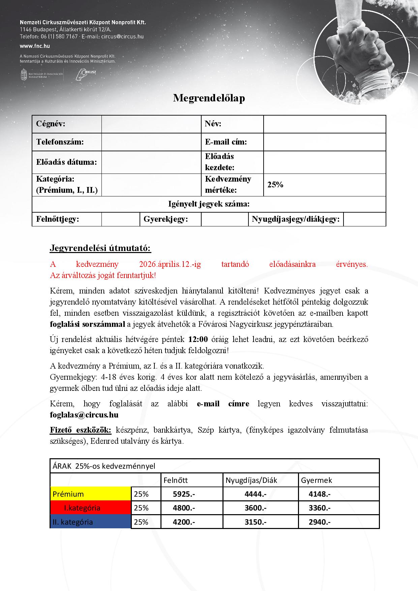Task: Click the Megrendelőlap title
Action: click(209, 98)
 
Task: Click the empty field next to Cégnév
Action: click(151, 124)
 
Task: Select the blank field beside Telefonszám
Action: click(151, 142)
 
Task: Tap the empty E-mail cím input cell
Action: click(324, 142)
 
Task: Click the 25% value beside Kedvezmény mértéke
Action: click(275, 185)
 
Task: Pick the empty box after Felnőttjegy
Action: click(120, 219)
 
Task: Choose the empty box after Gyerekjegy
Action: click(225, 219)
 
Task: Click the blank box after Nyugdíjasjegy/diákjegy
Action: click(364, 219)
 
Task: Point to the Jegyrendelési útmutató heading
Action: click(100, 248)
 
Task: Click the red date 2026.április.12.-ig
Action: click(170, 264)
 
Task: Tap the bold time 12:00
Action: click(198, 339)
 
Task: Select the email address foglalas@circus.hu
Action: click(84, 415)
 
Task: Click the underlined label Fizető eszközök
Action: click(80, 430)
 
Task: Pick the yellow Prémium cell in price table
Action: click(90, 494)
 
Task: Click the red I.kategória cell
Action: click(90, 508)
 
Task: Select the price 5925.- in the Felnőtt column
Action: click(184, 494)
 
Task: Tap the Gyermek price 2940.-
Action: click(320, 522)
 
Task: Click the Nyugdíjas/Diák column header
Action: click(251, 480)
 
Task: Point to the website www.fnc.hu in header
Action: click(35, 46)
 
